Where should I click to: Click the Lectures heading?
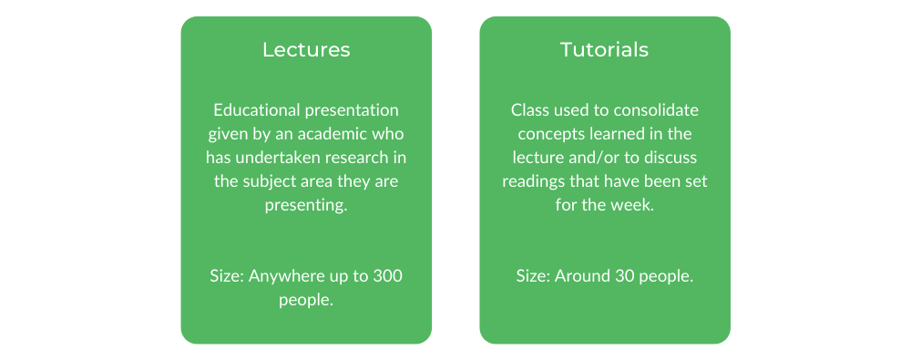(306, 49)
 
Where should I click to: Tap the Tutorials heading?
(604, 49)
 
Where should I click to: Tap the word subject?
(265, 181)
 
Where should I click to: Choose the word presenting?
(306, 206)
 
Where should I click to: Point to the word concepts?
(546, 134)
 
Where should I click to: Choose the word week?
(636, 206)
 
